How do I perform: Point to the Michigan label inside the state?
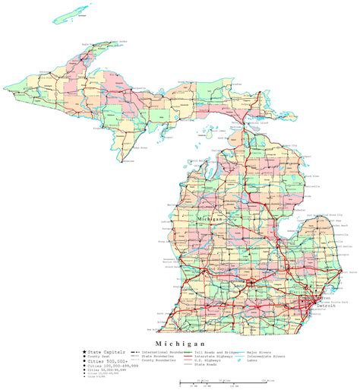coord(211,219)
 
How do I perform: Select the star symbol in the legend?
coord(84,352)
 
